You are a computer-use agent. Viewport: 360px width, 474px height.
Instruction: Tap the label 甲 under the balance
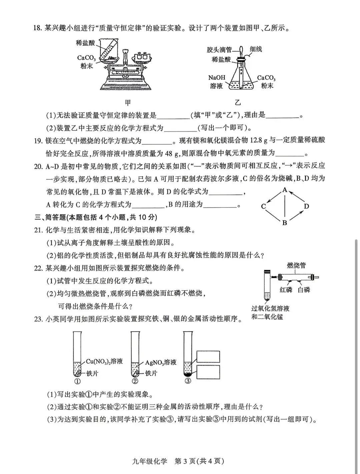coord(128,102)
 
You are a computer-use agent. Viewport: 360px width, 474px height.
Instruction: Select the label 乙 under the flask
coord(238,102)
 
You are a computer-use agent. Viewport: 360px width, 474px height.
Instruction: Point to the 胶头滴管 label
coord(219,50)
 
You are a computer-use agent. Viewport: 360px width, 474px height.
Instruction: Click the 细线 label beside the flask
coord(256,49)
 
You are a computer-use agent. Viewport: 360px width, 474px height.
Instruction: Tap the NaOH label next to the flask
coord(217,78)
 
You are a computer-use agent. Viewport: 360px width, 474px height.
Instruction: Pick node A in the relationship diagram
coord(285,190)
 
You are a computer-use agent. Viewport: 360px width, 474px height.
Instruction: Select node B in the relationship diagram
coord(285,223)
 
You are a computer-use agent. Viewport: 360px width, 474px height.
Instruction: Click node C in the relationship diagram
coord(263,206)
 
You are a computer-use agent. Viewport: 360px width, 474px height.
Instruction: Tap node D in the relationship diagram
coord(306,206)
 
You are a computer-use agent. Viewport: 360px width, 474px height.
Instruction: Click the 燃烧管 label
coord(296,265)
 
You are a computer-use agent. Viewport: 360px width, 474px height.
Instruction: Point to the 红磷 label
coord(286,290)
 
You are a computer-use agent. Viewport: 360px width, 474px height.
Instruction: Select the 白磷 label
coord(304,290)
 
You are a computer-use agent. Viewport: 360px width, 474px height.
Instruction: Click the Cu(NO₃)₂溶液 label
coord(104,361)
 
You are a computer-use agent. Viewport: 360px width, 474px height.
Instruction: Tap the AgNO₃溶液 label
coord(161,362)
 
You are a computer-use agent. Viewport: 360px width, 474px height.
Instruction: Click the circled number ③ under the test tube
coord(188,381)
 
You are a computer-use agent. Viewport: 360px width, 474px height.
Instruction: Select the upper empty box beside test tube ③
coord(208,356)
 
